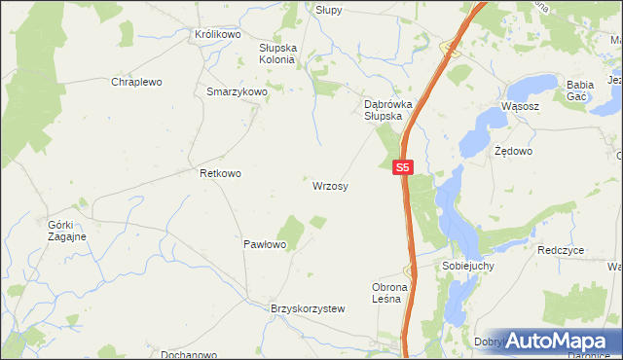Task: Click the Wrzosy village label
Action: [331, 185]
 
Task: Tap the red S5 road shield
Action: [404, 167]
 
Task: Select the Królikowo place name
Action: [217, 34]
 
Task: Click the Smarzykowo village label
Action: [237, 92]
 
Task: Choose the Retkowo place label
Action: [220, 173]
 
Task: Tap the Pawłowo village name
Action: [264, 244]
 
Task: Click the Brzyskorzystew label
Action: [308, 308]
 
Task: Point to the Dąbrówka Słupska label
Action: [383, 109]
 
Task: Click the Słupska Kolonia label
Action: [276, 53]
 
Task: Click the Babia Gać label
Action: [580, 90]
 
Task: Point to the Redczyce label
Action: [560, 250]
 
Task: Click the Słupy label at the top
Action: [329, 9]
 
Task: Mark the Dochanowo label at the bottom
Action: [189, 355]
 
